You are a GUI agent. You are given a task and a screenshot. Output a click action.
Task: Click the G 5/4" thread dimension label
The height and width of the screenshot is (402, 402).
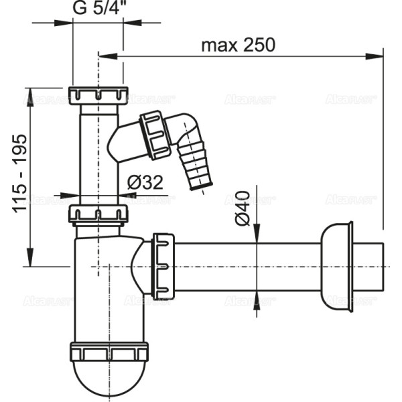[x=97, y=9]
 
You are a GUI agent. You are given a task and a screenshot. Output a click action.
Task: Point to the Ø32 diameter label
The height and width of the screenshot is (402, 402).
[x=146, y=182]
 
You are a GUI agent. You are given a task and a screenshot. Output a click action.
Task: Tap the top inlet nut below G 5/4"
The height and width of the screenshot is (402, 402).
[x=98, y=94]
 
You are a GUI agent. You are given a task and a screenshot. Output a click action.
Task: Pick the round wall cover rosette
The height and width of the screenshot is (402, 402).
[x=336, y=266]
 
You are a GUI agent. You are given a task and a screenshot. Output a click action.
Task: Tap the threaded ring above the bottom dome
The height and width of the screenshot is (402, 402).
[x=109, y=352]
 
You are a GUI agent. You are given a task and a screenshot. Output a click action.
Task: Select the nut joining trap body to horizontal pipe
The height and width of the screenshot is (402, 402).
[x=163, y=266]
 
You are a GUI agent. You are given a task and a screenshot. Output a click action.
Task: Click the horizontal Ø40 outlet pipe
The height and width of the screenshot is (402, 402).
[x=248, y=266]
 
